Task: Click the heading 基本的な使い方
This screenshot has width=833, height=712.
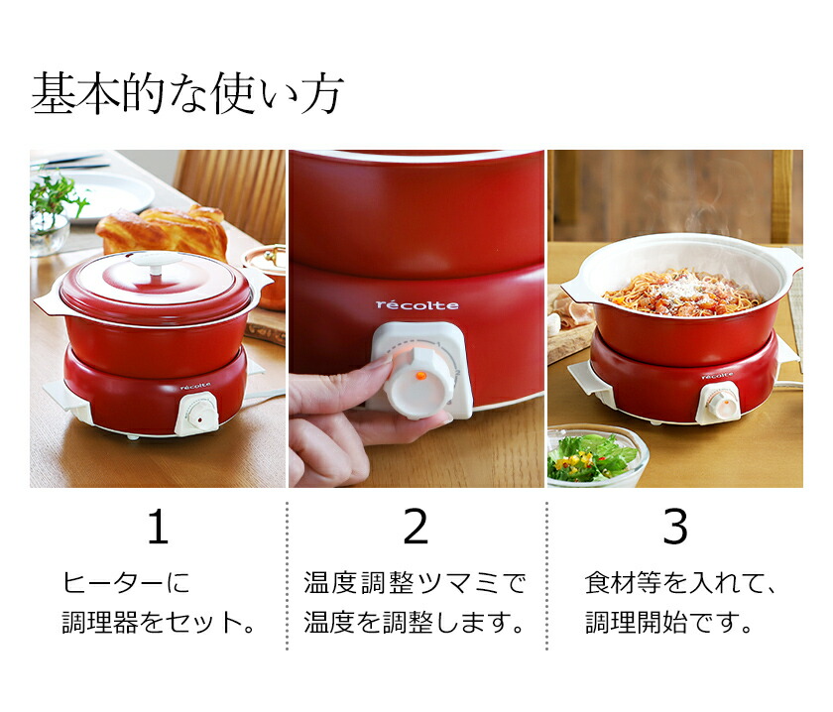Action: tap(187, 95)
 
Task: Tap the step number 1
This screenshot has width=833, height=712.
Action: tap(158, 529)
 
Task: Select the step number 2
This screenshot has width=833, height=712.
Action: tap(416, 529)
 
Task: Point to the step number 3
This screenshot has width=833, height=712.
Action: tap(674, 529)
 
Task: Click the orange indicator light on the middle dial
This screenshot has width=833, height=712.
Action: tap(419, 376)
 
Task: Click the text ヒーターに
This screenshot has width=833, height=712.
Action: tap(125, 583)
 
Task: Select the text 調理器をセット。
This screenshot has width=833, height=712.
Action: tap(159, 623)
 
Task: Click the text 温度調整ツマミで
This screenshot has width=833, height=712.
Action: tap(415, 583)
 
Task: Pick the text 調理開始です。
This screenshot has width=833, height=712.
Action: tap(668, 623)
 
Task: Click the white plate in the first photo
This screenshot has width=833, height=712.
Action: tap(109, 194)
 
